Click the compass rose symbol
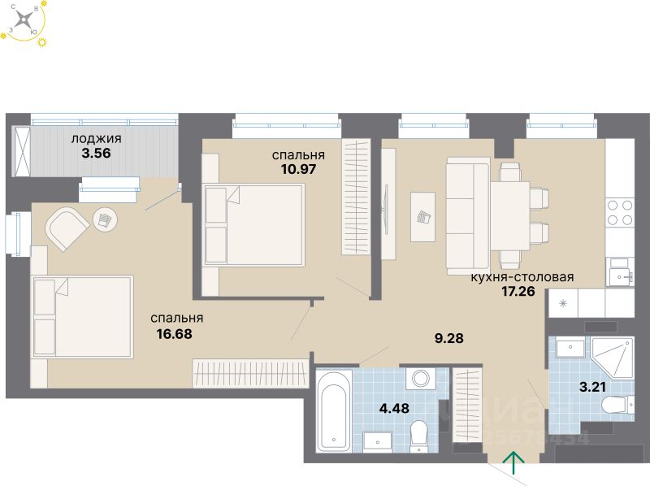click(25, 21)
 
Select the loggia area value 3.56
click(90, 152)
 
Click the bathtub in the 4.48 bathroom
click(334, 410)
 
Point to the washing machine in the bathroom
click(420, 380)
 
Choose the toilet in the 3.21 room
click(618, 403)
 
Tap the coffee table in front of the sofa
click(422, 216)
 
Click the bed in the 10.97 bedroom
click(254, 223)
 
